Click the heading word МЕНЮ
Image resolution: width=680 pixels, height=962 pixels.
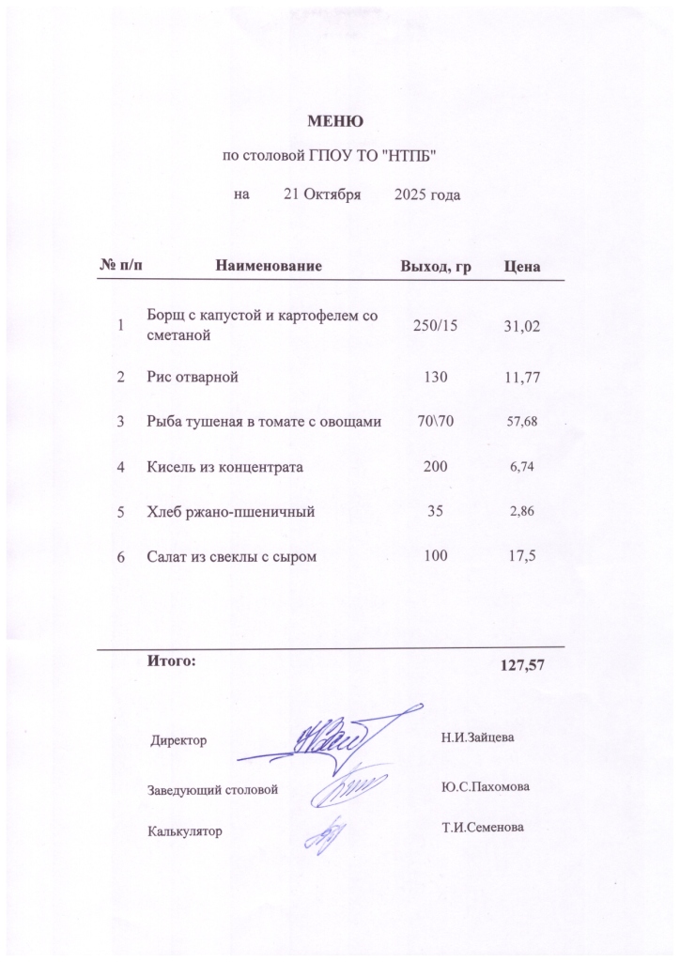(x=335, y=121)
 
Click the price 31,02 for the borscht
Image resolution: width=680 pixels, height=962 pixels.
(x=521, y=325)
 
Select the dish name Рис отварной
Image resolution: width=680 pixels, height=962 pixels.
(x=193, y=378)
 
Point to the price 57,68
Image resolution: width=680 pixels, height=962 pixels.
(x=521, y=423)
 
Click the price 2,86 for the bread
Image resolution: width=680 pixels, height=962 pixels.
(x=521, y=512)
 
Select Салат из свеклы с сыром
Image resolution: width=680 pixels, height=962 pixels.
(x=231, y=557)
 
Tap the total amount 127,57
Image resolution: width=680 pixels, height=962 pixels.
(x=522, y=665)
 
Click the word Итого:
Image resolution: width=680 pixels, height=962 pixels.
(x=172, y=660)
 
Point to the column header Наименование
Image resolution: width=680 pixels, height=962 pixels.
(x=270, y=267)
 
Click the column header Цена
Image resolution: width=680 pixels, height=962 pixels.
(x=521, y=267)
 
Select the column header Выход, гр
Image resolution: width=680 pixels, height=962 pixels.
(x=435, y=267)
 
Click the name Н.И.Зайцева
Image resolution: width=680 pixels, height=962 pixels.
(x=478, y=738)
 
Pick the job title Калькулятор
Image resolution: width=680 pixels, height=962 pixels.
(x=185, y=830)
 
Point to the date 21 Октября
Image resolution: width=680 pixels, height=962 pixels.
(x=322, y=194)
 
